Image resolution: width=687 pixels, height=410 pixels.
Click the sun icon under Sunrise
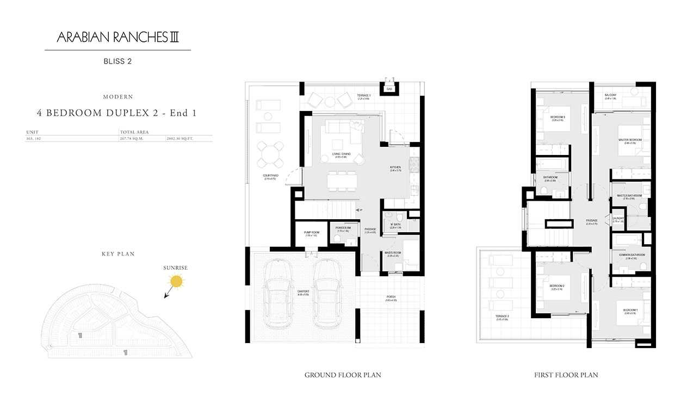click(x=176, y=281)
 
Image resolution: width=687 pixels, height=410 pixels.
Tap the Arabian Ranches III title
click(x=118, y=38)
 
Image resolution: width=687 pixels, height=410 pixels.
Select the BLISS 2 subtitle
click(x=117, y=61)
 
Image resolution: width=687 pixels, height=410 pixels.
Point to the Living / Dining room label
click(x=342, y=155)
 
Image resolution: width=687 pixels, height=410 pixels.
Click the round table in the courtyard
click(x=270, y=154)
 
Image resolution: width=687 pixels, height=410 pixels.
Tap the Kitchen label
click(x=395, y=168)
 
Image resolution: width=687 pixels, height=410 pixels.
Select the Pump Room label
click(x=311, y=233)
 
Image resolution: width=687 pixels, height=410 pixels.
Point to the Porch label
click(x=391, y=298)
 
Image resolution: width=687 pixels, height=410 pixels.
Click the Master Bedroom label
click(x=630, y=140)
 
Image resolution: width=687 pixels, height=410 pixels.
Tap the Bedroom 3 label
click(x=558, y=117)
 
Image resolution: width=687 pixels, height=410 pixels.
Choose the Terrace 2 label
click(x=502, y=317)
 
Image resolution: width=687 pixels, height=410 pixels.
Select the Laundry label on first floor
click(x=618, y=219)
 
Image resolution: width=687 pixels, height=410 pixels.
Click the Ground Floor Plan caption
click(x=343, y=375)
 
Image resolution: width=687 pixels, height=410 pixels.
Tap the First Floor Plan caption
click(x=566, y=375)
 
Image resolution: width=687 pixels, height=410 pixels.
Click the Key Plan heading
click(x=118, y=254)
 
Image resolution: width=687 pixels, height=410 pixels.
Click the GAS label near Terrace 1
click(x=389, y=89)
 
